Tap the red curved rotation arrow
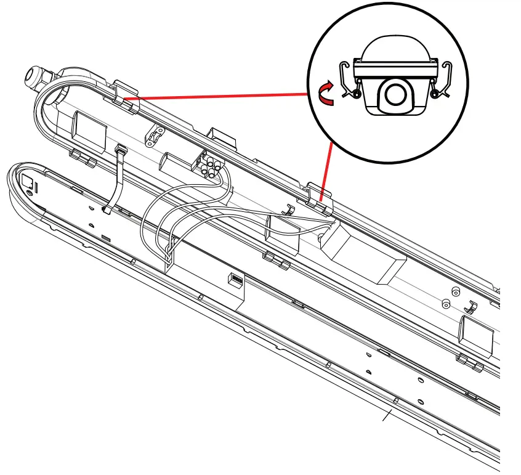point(326,95)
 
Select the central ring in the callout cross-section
point(392,94)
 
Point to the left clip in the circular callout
point(349,80)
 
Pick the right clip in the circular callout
point(441,80)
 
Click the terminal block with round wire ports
point(208,166)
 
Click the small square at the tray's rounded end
point(28,181)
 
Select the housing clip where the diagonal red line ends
point(317,197)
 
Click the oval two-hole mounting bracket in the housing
point(153,137)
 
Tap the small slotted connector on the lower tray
point(235,279)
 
